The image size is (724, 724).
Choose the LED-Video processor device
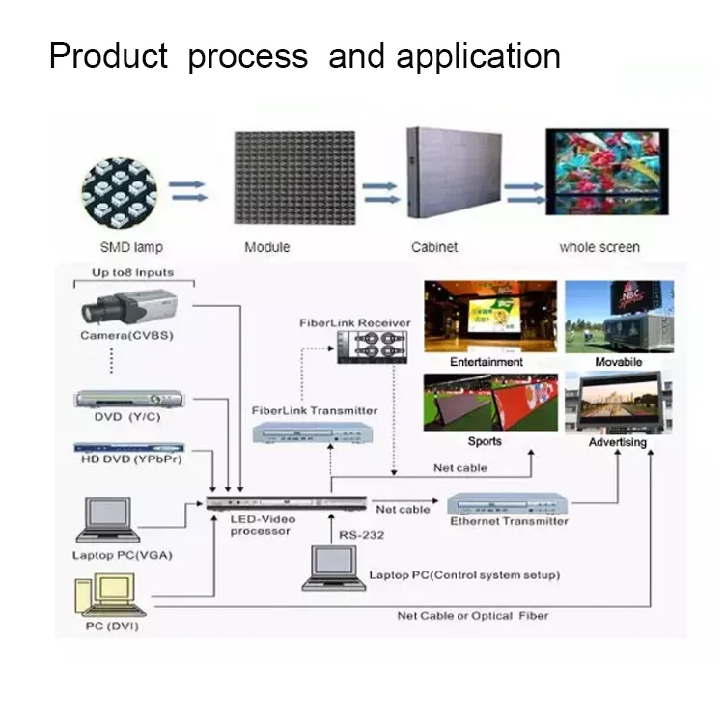tap(286, 504)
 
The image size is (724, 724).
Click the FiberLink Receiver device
tap(371, 346)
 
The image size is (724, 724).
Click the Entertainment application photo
tap(490, 317)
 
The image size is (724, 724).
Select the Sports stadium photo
tap(490, 403)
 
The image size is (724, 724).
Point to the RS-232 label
tap(359, 533)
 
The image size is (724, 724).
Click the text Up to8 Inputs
tap(133, 273)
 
